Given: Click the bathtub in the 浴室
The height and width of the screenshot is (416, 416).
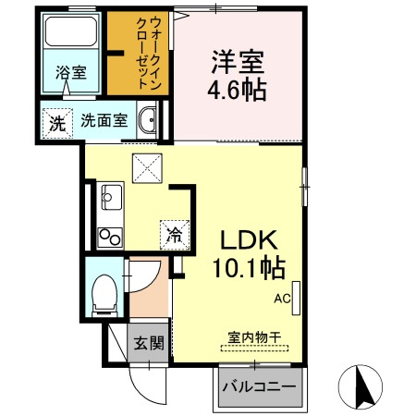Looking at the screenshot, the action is [x=71, y=31].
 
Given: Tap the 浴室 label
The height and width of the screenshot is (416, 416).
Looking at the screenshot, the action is [x=71, y=73].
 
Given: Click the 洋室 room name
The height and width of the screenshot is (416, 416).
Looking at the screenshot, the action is [x=238, y=62].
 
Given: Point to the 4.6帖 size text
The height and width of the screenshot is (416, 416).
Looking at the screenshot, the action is [x=237, y=90].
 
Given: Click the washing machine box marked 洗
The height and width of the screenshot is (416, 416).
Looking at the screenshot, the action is [x=57, y=123].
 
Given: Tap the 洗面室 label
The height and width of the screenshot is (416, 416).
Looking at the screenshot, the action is [x=104, y=120].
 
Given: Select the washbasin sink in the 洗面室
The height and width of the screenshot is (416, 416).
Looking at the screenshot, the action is [x=148, y=120].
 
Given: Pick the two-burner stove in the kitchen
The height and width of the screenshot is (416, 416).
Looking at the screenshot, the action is [x=110, y=238].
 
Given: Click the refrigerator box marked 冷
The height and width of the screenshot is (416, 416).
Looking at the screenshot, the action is [x=175, y=235].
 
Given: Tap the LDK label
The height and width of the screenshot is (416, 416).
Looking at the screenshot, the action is [x=249, y=240].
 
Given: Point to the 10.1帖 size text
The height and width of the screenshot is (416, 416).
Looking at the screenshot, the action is [x=249, y=268].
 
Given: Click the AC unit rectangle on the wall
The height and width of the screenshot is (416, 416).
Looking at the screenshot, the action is [x=296, y=299].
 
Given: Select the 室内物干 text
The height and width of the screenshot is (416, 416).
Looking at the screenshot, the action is [x=254, y=337].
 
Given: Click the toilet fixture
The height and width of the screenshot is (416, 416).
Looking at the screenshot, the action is [x=104, y=296].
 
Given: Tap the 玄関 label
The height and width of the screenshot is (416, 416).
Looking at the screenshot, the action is [x=149, y=343].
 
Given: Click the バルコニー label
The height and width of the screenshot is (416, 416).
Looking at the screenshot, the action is [x=260, y=385].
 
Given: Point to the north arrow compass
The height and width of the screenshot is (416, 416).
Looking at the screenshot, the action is [x=361, y=386].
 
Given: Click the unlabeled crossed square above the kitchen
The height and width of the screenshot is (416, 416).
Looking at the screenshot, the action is [x=147, y=168].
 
